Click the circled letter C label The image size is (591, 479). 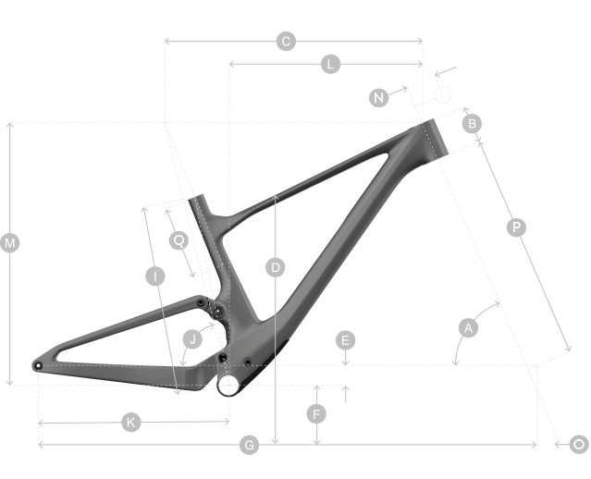[x=286, y=41]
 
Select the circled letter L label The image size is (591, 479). [x=330, y=64]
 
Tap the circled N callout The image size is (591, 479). [x=379, y=98]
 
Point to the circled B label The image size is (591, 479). [x=472, y=123]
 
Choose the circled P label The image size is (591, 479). [x=516, y=227]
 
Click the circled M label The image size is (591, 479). [x=10, y=243]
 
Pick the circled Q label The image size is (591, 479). [x=179, y=240]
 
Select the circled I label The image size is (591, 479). [x=155, y=276]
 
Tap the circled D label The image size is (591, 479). [x=276, y=267]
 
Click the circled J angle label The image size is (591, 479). [x=192, y=339]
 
